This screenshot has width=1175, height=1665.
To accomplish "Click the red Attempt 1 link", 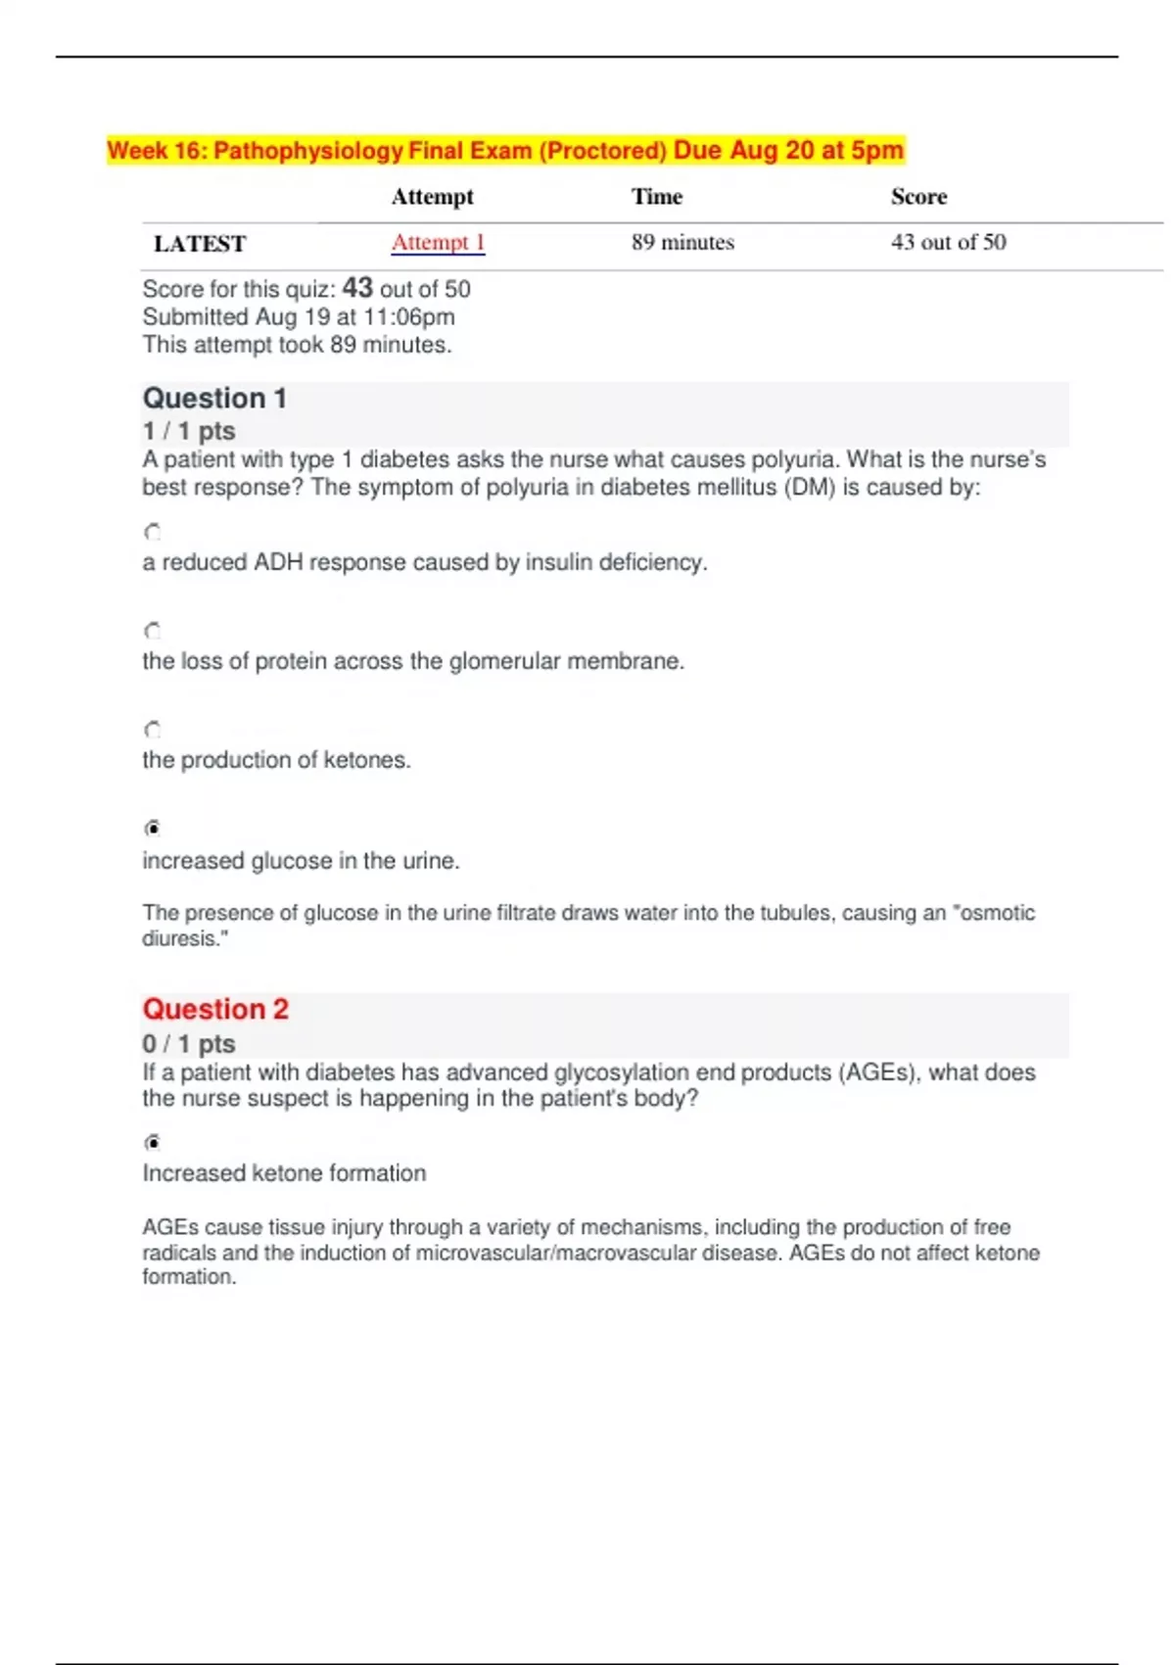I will (x=438, y=242).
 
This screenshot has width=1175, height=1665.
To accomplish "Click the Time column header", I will (x=657, y=197).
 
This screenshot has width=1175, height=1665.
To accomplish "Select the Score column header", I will (x=918, y=197).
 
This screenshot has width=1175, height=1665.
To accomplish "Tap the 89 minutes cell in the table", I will (x=682, y=242).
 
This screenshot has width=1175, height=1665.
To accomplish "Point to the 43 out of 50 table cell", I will (x=948, y=242).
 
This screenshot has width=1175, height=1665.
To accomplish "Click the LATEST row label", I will (x=200, y=244).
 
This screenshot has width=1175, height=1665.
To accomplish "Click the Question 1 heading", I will (x=214, y=399).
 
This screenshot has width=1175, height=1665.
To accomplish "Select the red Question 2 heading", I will (x=215, y=1010).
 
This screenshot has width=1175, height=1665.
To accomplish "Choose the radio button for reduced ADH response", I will (x=153, y=533).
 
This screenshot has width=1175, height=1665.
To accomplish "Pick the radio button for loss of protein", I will (x=153, y=631).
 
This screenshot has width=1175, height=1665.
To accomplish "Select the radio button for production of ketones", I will (x=153, y=730).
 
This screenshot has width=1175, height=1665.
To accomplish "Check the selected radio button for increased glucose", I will (x=153, y=829).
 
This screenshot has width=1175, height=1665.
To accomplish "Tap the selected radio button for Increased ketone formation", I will (x=153, y=1142).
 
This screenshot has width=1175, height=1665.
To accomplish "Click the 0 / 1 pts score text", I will (x=189, y=1044).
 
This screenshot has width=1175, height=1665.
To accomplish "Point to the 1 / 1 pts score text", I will (x=189, y=431).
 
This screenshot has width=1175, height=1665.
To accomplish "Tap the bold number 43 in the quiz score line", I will (x=357, y=288).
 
